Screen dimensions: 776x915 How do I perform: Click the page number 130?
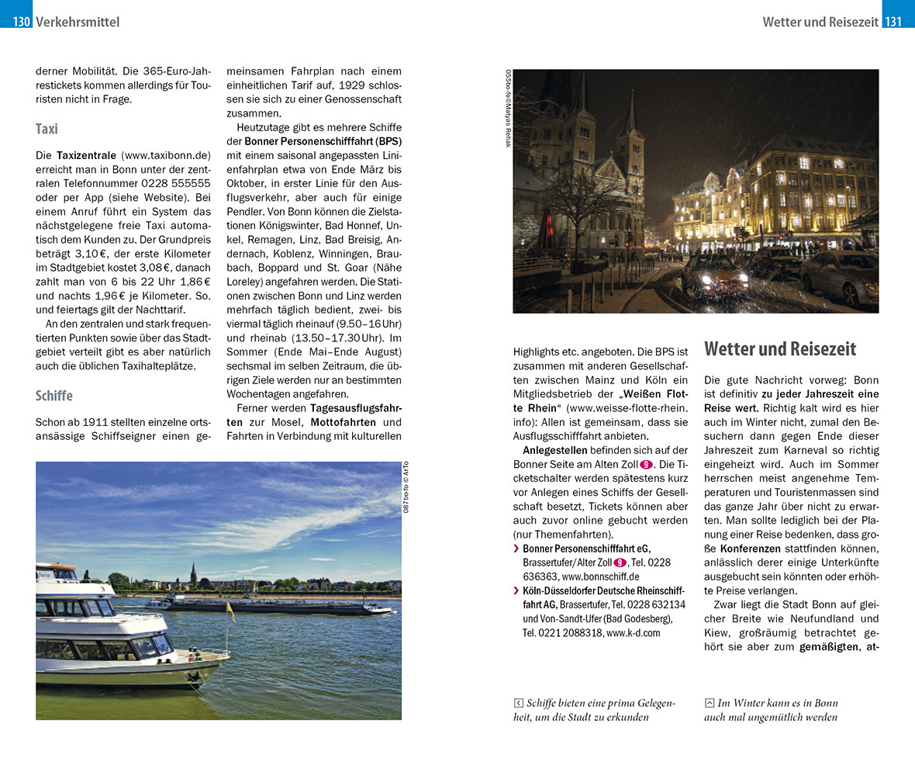[x=21, y=22]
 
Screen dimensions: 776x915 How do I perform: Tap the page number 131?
[x=894, y=22]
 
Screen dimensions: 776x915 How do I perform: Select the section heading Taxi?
[x=47, y=129]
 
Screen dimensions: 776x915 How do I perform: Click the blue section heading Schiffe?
[x=54, y=396]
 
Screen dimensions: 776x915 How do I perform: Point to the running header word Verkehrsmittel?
[x=78, y=22]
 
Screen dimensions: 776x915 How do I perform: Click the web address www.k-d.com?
[x=634, y=632]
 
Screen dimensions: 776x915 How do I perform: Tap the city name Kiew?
[x=720, y=632]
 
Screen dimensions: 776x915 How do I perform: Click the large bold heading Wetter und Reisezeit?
[x=780, y=348]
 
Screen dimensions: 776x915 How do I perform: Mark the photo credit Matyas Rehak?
[x=509, y=124]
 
